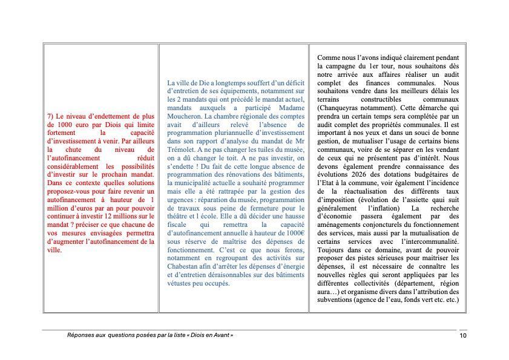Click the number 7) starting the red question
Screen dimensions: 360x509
pos(50,116)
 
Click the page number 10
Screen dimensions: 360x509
pos(462,335)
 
